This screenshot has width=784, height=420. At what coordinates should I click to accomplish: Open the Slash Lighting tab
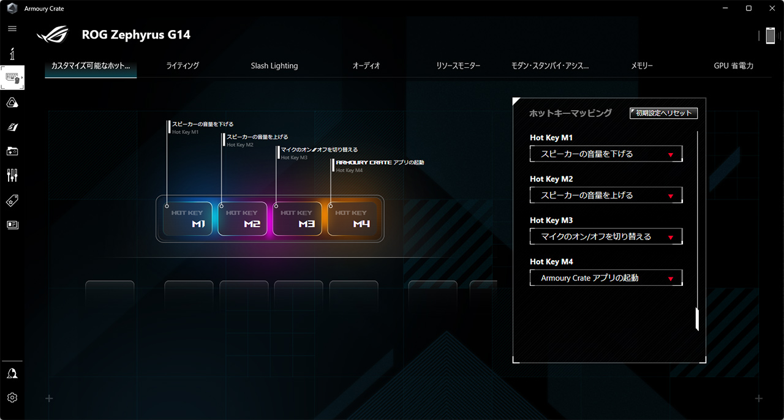pyautogui.click(x=274, y=66)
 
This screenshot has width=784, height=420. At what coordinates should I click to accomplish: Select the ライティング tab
pyautogui.click(x=183, y=66)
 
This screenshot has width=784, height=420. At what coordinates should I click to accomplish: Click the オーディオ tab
pyautogui.click(x=366, y=66)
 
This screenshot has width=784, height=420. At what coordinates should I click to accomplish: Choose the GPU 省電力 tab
pyautogui.click(x=734, y=66)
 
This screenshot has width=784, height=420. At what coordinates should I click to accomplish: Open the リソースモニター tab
pyautogui.click(x=458, y=66)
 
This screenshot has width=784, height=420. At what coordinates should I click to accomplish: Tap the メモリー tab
pyautogui.click(x=642, y=66)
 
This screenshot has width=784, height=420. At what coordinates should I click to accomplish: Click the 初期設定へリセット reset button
pyautogui.click(x=663, y=113)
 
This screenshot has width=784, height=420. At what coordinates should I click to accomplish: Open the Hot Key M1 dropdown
pyautogui.click(x=606, y=154)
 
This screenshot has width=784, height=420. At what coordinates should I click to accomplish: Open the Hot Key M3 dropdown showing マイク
pyautogui.click(x=606, y=236)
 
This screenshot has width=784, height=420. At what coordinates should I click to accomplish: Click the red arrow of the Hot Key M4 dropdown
pyautogui.click(x=671, y=279)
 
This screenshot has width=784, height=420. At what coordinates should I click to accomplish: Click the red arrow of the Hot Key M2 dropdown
pyautogui.click(x=671, y=197)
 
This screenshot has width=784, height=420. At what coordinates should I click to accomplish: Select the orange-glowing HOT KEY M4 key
pyautogui.click(x=352, y=219)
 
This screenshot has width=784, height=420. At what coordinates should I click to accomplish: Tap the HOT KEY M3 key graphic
pyautogui.click(x=297, y=219)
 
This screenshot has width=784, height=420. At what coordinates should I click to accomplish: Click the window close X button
pyautogui.click(x=772, y=9)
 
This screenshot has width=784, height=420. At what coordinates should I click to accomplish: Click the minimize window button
pyautogui.click(x=725, y=9)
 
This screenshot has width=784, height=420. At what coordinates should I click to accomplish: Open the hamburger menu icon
pyautogui.click(x=12, y=29)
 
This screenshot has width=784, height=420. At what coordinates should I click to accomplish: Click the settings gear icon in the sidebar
pyautogui.click(x=12, y=397)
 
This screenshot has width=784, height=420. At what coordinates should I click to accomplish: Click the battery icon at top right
pyautogui.click(x=771, y=36)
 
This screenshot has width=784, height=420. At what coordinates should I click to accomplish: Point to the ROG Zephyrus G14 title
pyautogui.click(x=136, y=35)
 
